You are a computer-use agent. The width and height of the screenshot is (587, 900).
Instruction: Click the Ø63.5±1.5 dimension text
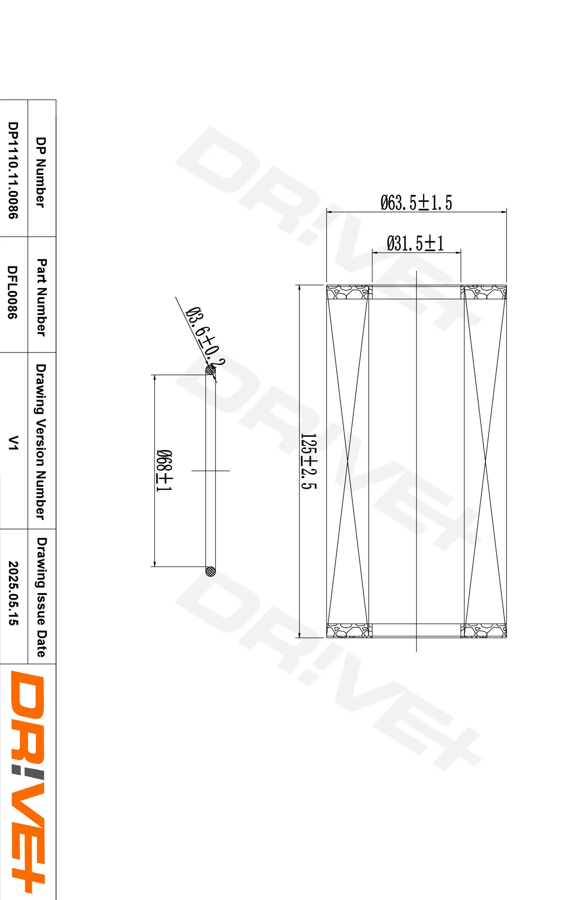point(416,203)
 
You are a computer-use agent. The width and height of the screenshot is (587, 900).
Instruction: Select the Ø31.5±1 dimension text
point(415,243)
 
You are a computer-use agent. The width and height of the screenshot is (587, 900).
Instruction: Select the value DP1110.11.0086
point(13,170)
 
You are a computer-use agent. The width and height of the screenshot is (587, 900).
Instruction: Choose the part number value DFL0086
point(13,292)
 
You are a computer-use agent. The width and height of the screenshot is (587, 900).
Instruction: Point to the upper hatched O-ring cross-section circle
point(211,370)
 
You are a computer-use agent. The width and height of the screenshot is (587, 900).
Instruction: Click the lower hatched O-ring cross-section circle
point(211,571)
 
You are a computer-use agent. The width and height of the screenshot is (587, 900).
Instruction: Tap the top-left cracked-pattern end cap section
point(348,292)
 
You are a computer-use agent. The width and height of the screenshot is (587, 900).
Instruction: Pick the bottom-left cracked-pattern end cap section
point(348,630)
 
